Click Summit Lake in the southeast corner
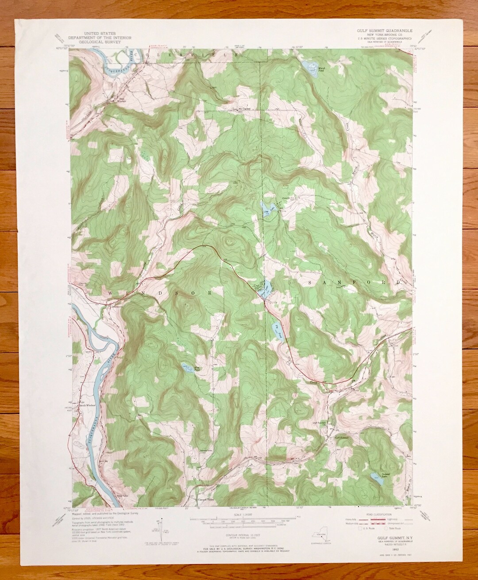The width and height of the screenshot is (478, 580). click(376, 480)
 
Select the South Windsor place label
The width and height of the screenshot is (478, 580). click(86, 404)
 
